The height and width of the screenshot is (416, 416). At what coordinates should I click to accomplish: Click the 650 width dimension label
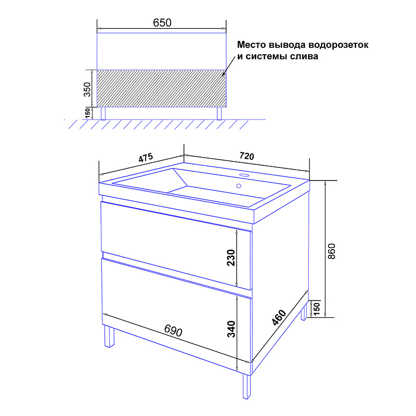point(162,23)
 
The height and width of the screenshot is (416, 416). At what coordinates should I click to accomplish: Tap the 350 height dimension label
point(87,89)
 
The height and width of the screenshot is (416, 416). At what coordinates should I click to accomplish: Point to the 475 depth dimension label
point(146,158)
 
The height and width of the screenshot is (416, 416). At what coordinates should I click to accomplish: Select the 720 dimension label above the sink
point(246,155)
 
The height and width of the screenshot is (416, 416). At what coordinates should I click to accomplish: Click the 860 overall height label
point(332,251)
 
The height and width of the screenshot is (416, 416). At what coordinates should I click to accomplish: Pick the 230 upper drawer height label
point(231,257)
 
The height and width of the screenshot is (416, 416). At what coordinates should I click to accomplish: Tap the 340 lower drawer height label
point(231,329)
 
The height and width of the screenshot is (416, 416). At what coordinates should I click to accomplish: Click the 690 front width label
point(173,330)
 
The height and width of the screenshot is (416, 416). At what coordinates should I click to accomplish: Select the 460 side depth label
point(279,317)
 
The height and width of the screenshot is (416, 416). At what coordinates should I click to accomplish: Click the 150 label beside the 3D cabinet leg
point(317,308)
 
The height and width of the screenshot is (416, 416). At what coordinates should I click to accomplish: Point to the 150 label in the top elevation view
point(87,113)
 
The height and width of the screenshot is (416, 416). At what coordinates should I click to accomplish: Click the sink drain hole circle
point(239,186)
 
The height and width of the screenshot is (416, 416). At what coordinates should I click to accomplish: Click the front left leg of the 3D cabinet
point(109,336)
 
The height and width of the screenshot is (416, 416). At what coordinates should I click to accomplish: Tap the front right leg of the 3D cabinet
point(246,386)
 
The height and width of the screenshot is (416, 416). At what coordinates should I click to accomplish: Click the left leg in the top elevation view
point(103,113)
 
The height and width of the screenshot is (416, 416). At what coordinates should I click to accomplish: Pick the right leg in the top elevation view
point(219,113)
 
